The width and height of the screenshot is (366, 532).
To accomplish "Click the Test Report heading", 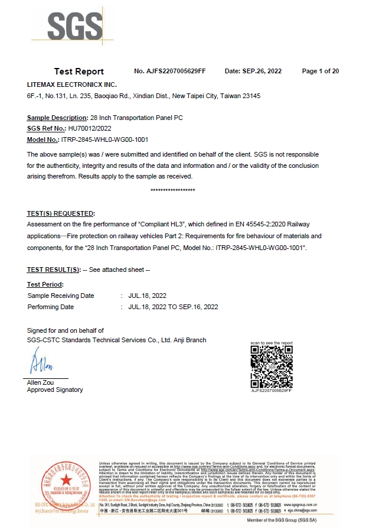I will (79, 72).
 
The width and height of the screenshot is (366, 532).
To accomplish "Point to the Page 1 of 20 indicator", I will (320, 72).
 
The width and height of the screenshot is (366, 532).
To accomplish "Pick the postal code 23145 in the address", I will (250, 96).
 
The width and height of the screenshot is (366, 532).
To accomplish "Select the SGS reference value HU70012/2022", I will (90, 128).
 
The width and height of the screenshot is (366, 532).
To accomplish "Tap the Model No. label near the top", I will (43, 140).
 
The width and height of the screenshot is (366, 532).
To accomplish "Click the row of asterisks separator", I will (173, 190).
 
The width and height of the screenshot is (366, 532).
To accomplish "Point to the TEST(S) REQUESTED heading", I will (61, 213).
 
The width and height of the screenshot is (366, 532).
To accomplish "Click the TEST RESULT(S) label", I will (54, 270).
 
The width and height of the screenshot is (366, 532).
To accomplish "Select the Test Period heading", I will (45, 284).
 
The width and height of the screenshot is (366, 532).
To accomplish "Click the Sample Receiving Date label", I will (61, 296).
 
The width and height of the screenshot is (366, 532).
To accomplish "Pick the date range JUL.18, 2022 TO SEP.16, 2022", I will (173, 307).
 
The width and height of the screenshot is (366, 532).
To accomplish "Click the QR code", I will (272, 366).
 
